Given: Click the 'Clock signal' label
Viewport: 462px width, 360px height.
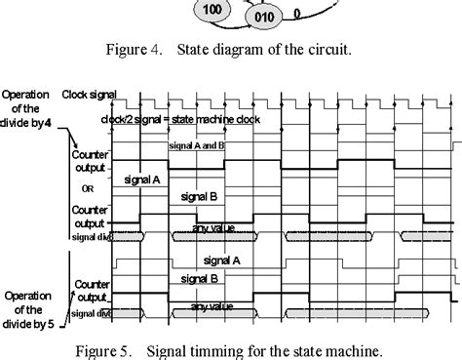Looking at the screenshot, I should [x=91, y=96].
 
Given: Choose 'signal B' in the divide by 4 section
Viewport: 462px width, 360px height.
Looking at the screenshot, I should [x=199, y=197].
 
